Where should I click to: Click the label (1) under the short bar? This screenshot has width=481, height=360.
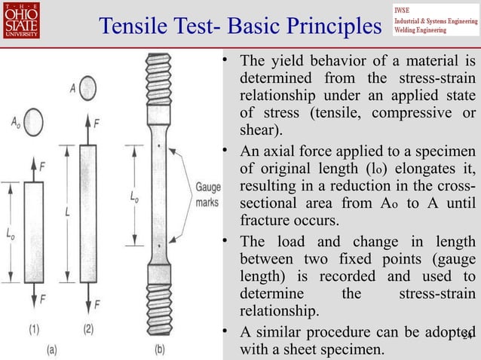coord(37,329)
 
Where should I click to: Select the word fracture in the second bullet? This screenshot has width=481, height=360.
coord(265,221)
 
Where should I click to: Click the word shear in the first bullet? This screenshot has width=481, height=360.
coord(257,130)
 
